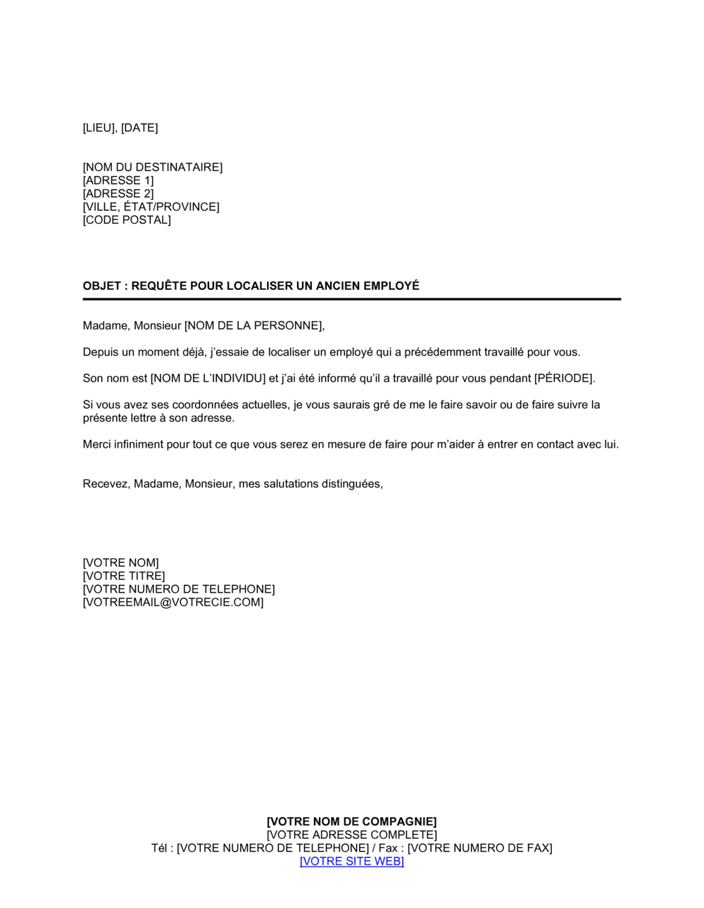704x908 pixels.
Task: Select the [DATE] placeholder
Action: pyautogui.click(x=139, y=127)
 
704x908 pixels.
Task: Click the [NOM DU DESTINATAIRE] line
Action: pyautogui.click(x=152, y=167)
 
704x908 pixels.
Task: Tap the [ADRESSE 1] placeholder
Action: pyautogui.click(x=118, y=180)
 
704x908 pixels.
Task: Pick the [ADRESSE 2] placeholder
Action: pyautogui.click(x=118, y=194)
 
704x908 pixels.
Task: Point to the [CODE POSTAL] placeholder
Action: pyautogui.click(x=127, y=220)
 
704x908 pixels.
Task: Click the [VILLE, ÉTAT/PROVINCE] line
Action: pyautogui.click(x=151, y=207)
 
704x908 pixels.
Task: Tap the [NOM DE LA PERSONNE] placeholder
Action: pyautogui.click(x=253, y=325)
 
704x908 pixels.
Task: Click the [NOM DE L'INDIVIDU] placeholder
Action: pyautogui.click(x=208, y=378)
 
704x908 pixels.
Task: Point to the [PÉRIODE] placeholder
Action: pyautogui.click(x=564, y=378)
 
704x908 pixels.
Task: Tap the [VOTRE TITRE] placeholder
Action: pyautogui.click(x=123, y=576)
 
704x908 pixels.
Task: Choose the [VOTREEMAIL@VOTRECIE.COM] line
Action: pyautogui.click(x=172, y=603)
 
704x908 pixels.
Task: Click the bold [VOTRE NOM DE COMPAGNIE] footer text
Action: pyautogui.click(x=351, y=821)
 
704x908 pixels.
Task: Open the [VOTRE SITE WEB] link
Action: pyautogui.click(x=351, y=861)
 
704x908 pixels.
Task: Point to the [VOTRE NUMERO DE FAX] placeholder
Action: pyautogui.click(x=479, y=848)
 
